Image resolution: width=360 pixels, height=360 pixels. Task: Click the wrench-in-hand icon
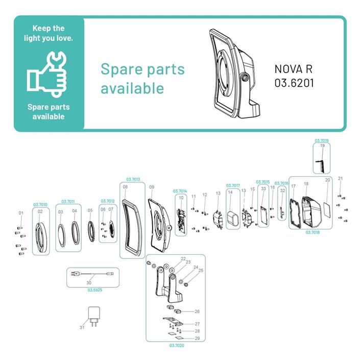point(48,74)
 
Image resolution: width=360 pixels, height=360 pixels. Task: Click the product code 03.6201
point(294,82)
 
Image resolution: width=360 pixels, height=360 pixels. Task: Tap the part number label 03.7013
point(132,179)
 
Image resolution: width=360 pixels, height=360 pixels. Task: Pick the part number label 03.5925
point(94,290)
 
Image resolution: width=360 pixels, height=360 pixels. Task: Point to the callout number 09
point(152,187)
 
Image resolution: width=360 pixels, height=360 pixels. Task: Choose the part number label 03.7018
point(313,232)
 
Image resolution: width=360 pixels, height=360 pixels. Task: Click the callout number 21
point(341,178)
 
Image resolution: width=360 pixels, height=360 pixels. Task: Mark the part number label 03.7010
point(40,205)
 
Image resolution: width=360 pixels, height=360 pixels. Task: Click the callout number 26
point(197,311)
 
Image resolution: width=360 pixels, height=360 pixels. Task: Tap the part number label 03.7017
point(233,185)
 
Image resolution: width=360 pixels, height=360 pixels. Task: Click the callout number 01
point(21,212)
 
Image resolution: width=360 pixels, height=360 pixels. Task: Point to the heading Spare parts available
point(142,78)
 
